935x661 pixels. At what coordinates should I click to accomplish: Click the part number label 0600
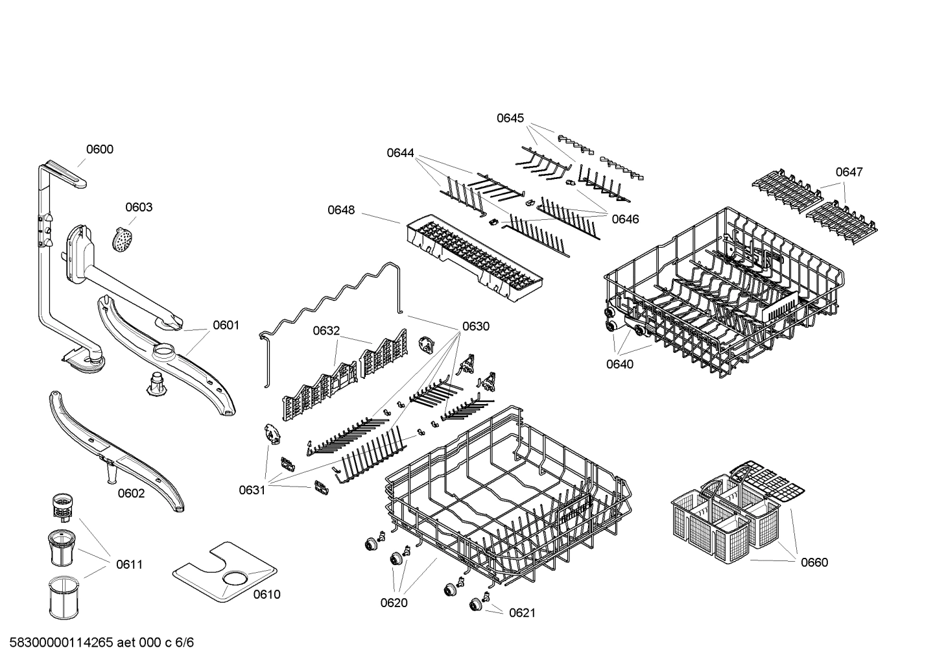coord(99,149)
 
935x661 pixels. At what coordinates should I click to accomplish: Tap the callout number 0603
coord(139,207)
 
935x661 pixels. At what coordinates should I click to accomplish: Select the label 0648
coord(341,210)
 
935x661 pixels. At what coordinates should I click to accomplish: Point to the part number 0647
coord(849,172)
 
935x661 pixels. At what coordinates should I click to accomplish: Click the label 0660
coord(814,562)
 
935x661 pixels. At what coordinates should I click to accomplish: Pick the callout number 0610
coord(266,594)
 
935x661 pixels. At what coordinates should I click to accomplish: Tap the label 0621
coord(522,612)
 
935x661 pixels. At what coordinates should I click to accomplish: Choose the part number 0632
coord(326,331)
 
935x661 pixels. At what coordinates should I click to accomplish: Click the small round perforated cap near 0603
coord(123,238)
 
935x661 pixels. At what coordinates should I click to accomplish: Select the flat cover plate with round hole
coord(224,570)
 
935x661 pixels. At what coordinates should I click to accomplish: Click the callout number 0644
coord(401,152)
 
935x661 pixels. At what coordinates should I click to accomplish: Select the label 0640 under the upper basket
coord(620,364)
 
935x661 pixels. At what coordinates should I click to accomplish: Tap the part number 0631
coord(252,490)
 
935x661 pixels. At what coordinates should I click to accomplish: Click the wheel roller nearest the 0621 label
coord(477,604)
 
